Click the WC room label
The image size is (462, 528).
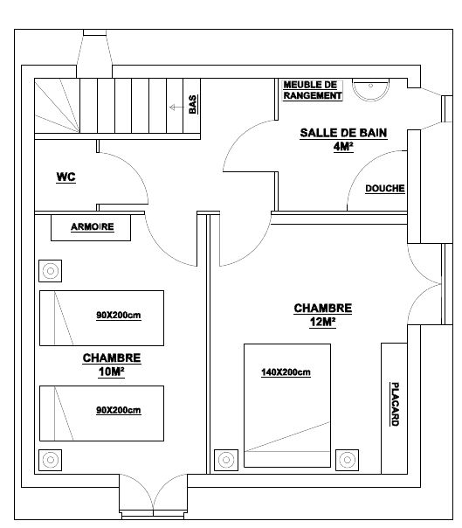coord(66,177)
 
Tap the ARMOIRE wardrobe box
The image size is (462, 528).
coord(91,227)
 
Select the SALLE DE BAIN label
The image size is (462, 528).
coord(343,133)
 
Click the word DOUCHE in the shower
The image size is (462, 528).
coord(385,188)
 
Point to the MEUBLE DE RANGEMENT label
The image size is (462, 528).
coord(313,90)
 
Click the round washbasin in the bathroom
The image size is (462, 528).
coord(370,89)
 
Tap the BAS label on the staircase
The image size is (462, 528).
coord(193,104)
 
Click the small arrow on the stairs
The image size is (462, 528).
coord(176,108)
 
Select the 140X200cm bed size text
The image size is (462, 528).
coord(286,372)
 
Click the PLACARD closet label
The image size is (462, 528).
coord(395,404)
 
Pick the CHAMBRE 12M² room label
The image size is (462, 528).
coord(322,316)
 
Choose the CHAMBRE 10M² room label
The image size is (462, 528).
coord(112,365)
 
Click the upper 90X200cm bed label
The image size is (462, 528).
coord(119,316)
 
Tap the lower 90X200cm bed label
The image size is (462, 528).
coord(119,411)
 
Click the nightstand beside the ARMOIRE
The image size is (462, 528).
coord(50,271)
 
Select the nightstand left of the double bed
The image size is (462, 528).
coord(226,460)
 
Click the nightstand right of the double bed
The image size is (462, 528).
coord(348,460)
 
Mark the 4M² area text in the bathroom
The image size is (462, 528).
coord(343,147)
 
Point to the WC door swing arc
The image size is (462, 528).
coord(134,167)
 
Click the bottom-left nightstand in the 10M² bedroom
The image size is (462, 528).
coord(50,460)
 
